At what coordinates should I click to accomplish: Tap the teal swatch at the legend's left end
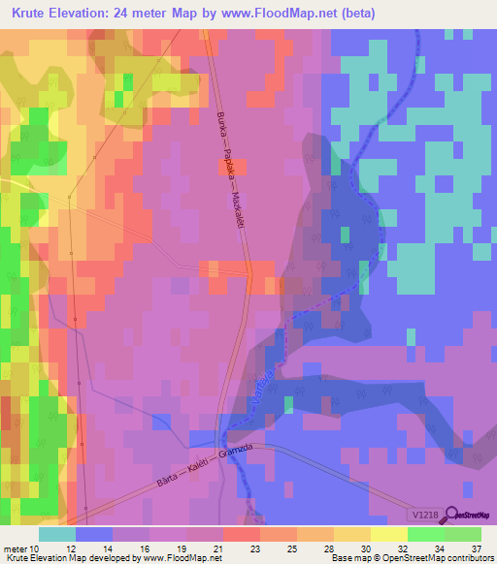(x=57, y=534)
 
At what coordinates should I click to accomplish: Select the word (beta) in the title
(x=356, y=14)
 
